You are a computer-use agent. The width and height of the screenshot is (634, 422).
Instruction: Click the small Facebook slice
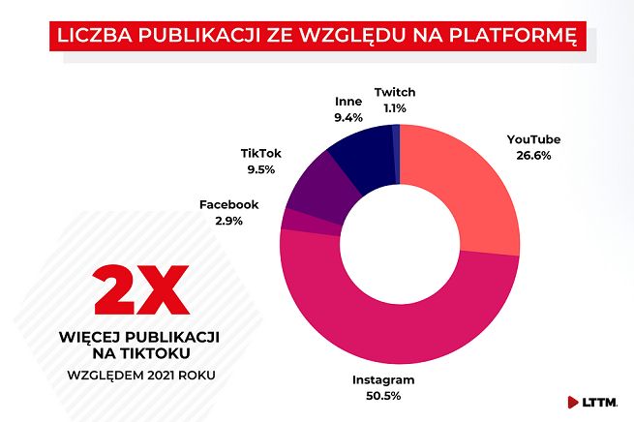(288, 221)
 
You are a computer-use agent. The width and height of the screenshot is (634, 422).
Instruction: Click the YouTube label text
(533, 139)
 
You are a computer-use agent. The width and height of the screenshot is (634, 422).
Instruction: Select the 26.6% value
(533, 155)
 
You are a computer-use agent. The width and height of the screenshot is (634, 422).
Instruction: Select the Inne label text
(348, 101)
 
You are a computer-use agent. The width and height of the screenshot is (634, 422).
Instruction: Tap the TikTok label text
(260, 153)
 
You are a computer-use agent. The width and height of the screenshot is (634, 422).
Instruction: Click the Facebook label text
(229, 205)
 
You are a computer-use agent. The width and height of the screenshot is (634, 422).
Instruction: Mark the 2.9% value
(229, 221)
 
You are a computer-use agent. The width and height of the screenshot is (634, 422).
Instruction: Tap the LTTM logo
(597, 401)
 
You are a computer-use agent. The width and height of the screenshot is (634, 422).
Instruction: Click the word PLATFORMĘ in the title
(515, 37)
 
